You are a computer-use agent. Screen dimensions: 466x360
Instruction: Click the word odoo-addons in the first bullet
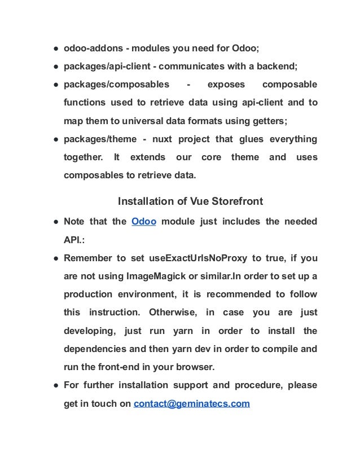tap(89, 48)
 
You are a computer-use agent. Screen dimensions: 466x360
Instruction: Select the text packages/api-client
tap(104, 67)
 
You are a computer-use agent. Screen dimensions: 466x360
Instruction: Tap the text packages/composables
tap(116, 85)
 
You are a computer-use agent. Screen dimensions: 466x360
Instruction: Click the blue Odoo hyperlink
tap(143, 221)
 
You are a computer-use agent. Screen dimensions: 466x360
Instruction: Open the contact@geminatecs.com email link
tap(191, 404)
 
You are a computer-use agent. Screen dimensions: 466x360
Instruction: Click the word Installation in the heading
tap(143, 201)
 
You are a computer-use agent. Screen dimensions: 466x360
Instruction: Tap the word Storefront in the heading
tap(235, 201)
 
